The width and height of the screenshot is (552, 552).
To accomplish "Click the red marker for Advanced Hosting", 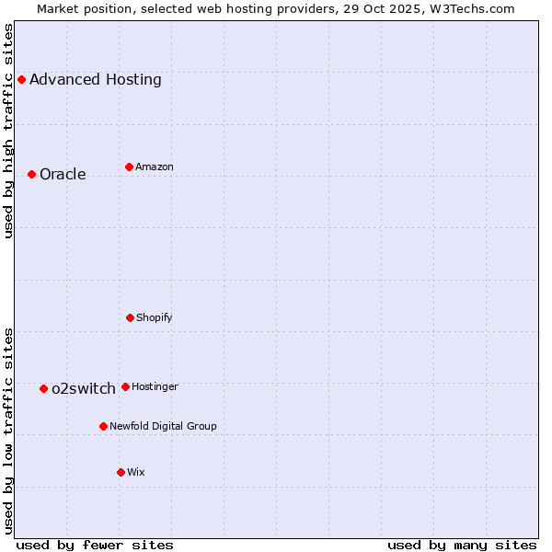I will point(21,79).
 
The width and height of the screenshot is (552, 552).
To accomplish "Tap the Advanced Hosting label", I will point(96,80).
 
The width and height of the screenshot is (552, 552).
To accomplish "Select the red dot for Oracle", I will point(31,174).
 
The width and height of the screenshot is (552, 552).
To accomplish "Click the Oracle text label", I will point(63,175).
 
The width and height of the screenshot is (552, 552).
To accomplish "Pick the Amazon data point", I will point(129,167).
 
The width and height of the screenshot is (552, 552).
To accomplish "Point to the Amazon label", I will point(155,167).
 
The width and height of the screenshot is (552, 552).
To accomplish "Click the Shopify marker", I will point(130,317).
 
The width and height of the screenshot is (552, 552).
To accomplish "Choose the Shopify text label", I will point(155,318).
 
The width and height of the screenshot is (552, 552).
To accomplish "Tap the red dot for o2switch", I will point(43,388).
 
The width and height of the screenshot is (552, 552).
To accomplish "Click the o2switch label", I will point(84,389).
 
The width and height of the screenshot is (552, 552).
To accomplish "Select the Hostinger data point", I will point(125,386).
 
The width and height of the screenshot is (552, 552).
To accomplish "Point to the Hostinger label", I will point(155,387).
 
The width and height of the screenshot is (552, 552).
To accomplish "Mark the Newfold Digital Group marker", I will point(103,426).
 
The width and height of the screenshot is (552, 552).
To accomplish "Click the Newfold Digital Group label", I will point(163,427).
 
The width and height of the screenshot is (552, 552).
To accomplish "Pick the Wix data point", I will point(121,472).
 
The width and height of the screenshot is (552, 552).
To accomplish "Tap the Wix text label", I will point(136,473).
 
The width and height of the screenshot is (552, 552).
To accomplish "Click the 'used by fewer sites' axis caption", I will point(95,545).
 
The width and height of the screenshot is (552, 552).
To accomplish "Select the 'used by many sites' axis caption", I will point(462,545).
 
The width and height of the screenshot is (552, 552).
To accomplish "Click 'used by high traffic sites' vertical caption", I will point(9,132).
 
